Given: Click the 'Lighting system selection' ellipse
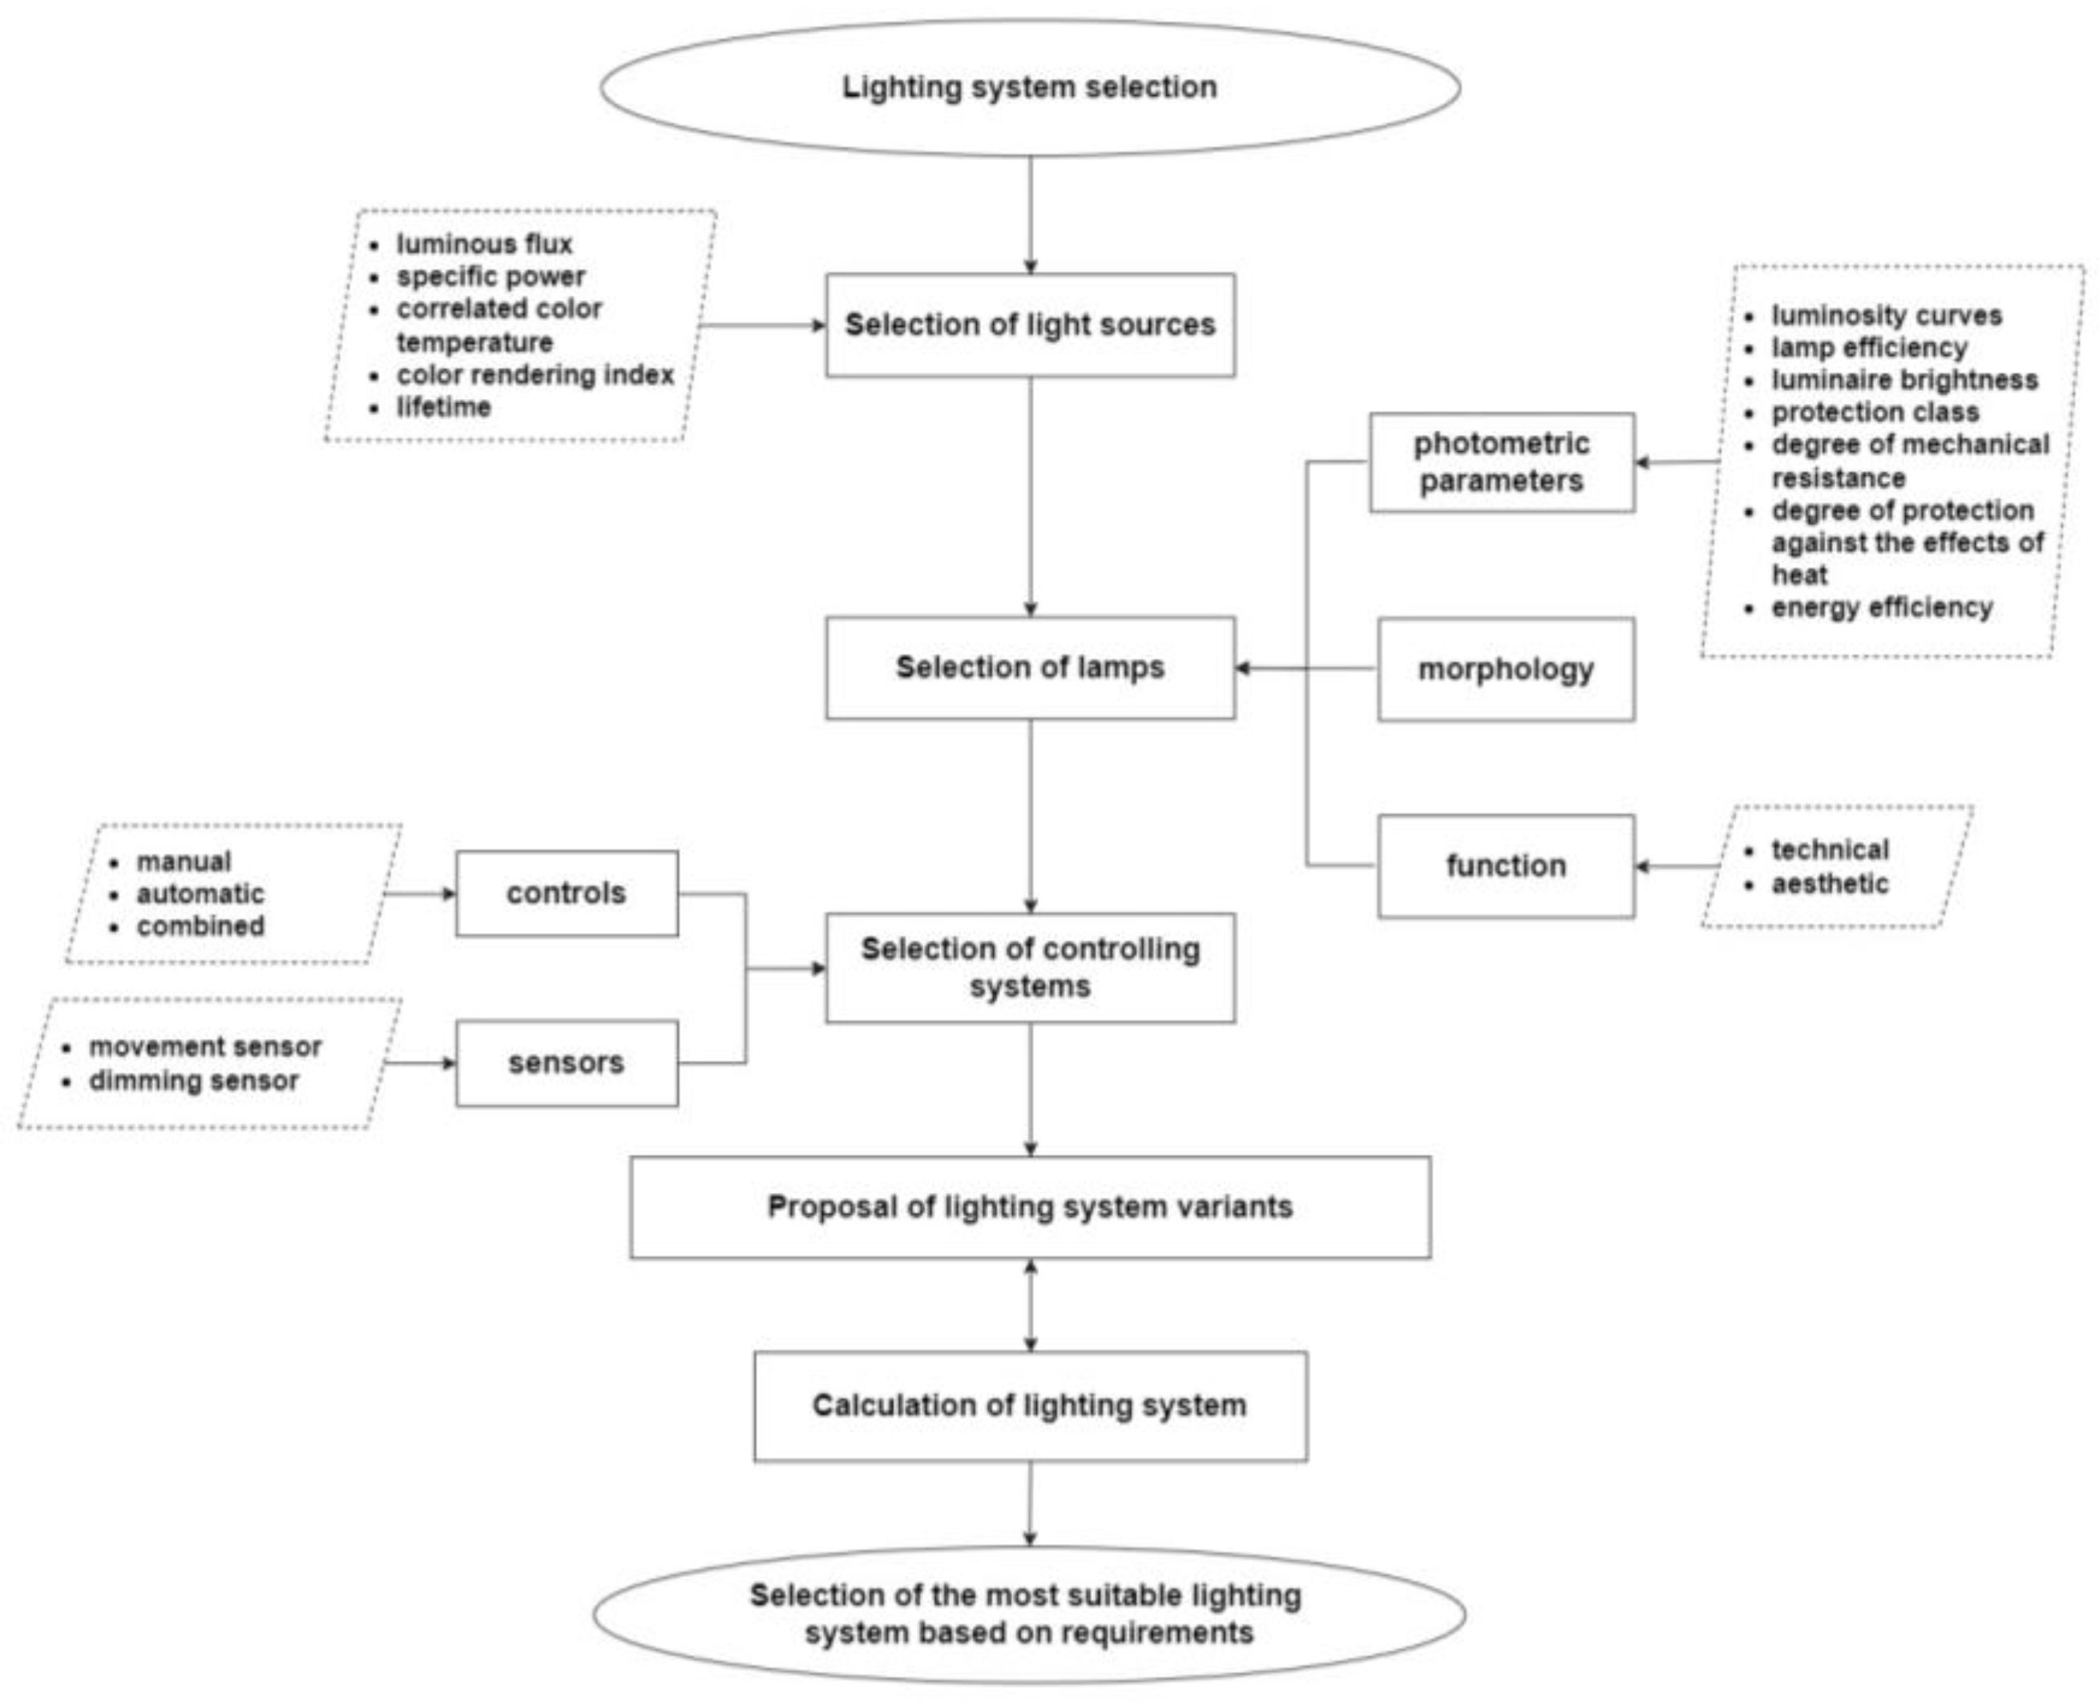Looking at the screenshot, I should point(1029,87).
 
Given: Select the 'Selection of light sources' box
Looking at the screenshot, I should point(1029,324).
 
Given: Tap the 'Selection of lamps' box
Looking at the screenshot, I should point(1029,668).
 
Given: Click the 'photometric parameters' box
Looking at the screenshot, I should point(1501,462).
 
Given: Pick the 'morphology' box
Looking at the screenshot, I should point(1505,670).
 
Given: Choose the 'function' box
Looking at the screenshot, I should point(1505,866).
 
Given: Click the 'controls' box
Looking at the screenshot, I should point(566,893).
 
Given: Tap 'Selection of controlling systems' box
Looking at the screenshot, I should point(1029,967).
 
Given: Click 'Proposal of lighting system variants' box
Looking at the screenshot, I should point(1029,1207).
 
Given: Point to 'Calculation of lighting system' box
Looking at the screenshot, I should point(1029,1405).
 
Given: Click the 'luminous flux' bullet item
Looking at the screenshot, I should point(483,244).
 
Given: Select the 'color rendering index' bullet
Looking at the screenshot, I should point(535,375).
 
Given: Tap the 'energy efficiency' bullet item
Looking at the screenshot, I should point(1881,608).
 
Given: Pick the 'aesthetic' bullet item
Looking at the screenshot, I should point(1829,884).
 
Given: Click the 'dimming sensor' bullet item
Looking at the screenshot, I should point(193,1082).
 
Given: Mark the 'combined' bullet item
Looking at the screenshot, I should point(200,926).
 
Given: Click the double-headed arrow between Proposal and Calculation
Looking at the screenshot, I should point(1029,1305).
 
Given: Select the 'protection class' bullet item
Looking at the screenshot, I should point(1874,413).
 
